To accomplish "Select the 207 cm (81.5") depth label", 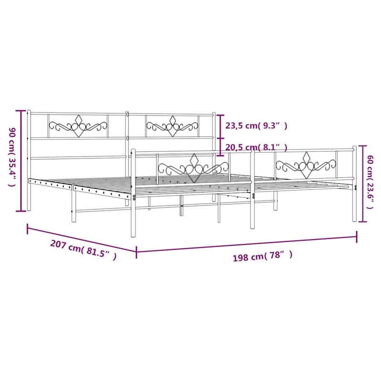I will [83, 250].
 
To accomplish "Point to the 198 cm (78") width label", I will [262, 257].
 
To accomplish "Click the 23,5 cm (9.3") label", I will [256, 126].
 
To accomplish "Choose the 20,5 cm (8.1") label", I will [256, 147].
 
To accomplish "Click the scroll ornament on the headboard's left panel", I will [78, 126].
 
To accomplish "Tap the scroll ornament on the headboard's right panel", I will [172, 126].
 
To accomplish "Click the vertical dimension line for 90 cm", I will [21, 160].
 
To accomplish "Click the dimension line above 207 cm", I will [81, 238].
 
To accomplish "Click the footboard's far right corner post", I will [354, 183].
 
